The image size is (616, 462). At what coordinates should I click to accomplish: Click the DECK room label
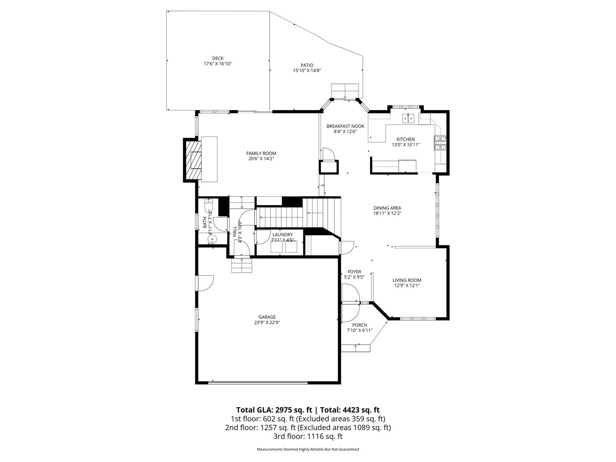coord(218,58)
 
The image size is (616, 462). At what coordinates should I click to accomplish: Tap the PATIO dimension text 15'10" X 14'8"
coord(307,71)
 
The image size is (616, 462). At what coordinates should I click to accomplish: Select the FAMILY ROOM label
coord(261,153)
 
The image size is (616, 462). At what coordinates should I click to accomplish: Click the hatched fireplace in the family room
coord(193,159)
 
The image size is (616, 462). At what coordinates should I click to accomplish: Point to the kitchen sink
coord(409,118)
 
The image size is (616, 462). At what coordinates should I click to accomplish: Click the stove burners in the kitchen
coord(440,143)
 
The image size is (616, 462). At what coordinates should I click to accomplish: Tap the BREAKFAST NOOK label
coord(346,126)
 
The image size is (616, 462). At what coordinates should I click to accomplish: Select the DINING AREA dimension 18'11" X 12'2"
coord(387,213)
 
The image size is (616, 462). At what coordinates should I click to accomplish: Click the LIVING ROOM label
coord(407,280)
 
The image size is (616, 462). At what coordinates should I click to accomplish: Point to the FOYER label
coord(354,272)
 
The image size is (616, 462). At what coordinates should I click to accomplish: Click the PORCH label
coord(360,325)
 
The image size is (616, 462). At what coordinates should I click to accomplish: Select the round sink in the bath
coord(212,239)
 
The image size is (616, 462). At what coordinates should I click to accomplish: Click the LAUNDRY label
coord(283,235)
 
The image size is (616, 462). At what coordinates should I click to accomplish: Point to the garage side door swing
coord(205,283)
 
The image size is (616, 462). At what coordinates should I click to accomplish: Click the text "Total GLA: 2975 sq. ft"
coord(274,410)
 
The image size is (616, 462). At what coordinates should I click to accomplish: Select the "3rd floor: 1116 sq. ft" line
coord(308,436)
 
